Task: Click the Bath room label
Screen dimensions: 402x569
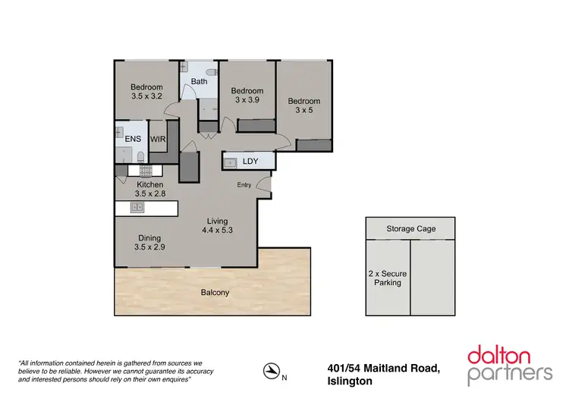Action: (199, 82)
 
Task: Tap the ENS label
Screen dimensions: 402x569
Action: (133, 139)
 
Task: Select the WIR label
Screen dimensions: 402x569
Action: (158, 139)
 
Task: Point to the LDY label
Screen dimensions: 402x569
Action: (250, 162)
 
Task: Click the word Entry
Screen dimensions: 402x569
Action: (244, 185)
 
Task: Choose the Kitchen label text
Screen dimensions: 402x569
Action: (149, 185)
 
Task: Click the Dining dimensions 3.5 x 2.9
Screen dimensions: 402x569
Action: (149, 247)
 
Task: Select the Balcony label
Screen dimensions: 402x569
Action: (215, 292)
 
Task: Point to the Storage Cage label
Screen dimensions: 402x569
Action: (410, 228)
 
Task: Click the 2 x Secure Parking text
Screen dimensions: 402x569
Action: (384, 277)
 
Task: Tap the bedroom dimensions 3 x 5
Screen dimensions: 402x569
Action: (303, 111)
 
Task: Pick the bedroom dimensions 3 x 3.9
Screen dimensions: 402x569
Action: (247, 100)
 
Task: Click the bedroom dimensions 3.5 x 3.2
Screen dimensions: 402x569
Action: (146, 97)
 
